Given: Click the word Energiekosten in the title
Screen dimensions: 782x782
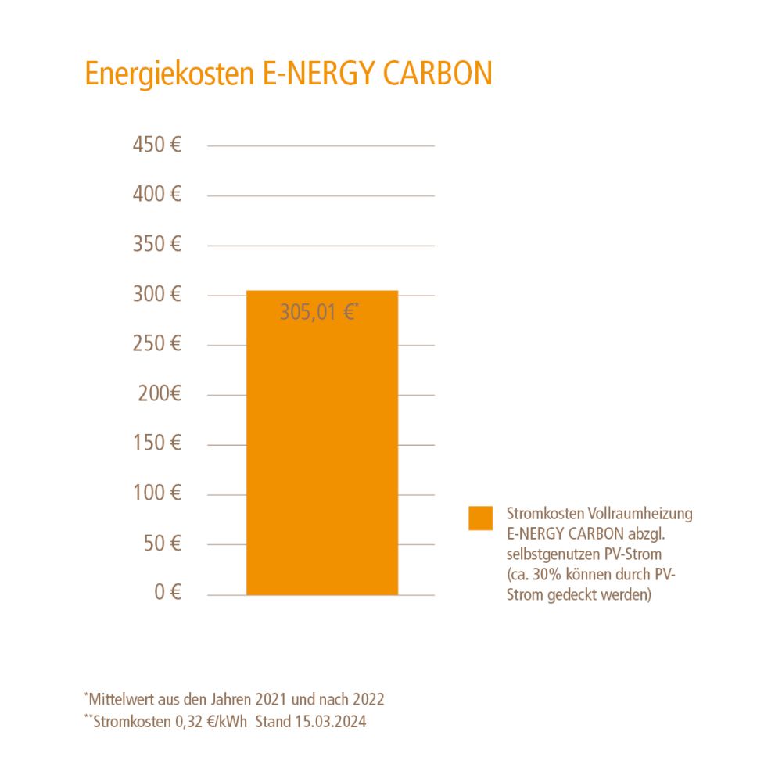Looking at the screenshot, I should (x=167, y=74).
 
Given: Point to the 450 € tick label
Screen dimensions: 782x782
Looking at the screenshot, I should (x=157, y=145).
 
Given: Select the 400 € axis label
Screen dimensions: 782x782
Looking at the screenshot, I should (x=157, y=195).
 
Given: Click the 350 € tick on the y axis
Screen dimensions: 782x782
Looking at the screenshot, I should (x=157, y=245).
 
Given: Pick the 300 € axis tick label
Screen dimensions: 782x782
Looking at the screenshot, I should (x=157, y=295).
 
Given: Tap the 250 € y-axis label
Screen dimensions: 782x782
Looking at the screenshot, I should (x=157, y=344).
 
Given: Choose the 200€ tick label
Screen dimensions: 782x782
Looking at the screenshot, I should (x=160, y=394).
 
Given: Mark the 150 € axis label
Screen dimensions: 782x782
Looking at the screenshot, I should (x=157, y=443).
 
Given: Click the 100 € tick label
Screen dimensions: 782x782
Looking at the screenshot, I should (x=157, y=493).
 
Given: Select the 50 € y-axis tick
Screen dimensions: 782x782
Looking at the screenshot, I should (x=162, y=543).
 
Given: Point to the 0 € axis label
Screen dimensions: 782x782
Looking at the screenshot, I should (x=167, y=593).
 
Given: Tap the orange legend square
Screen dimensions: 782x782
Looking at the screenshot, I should (x=481, y=518).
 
